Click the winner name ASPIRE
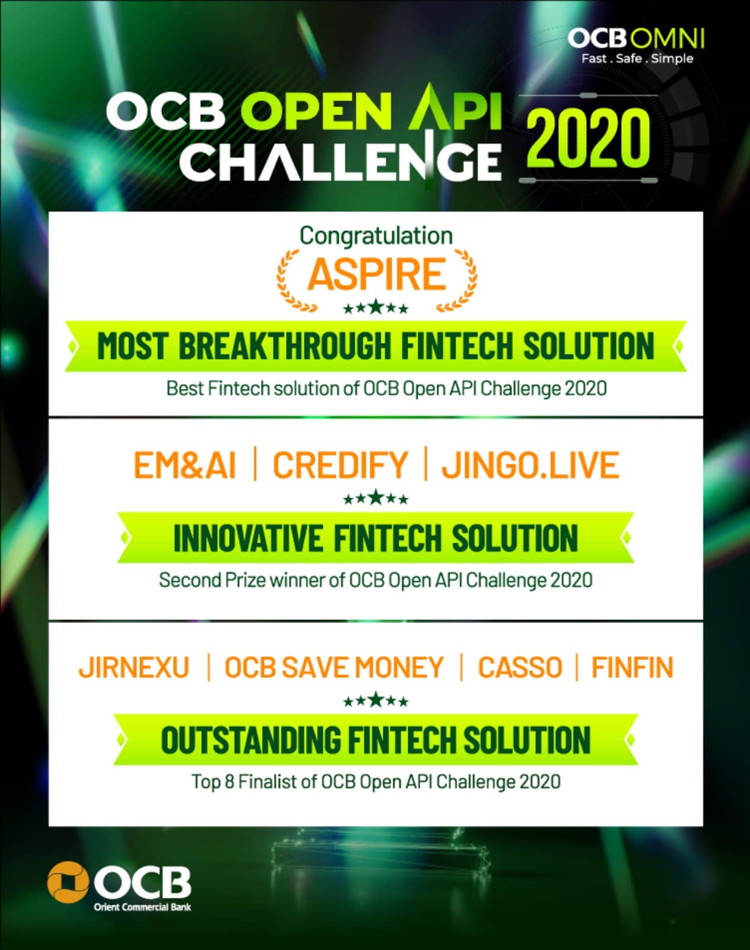tap(377, 274)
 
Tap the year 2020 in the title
tap(587, 139)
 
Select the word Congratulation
tap(376, 236)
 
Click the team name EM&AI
tap(185, 465)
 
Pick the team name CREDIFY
tap(340, 465)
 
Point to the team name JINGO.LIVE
tap(530, 465)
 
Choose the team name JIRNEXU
tap(134, 667)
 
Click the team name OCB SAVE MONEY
tap(334, 667)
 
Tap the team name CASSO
tap(520, 667)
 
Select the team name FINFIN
tap(633, 667)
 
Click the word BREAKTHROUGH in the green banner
tap(285, 346)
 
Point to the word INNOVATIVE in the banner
tap(248, 539)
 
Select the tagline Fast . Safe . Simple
tap(637, 59)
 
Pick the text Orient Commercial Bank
tap(142, 907)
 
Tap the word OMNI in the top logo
tap(668, 39)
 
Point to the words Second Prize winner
tap(242, 580)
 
